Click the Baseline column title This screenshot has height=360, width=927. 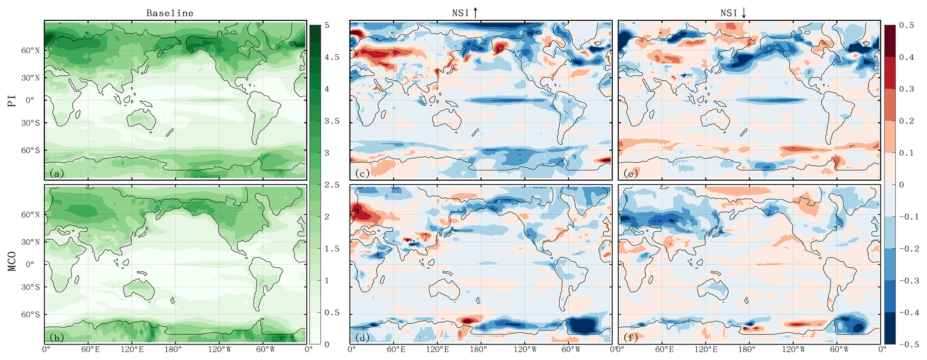(x=170, y=13)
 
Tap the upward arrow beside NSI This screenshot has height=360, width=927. (x=475, y=13)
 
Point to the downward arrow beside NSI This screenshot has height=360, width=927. (x=744, y=13)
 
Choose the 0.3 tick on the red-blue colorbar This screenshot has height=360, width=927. (x=906, y=89)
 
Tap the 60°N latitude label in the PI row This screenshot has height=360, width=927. (x=30, y=51)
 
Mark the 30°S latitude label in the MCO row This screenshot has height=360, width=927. (x=30, y=287)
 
